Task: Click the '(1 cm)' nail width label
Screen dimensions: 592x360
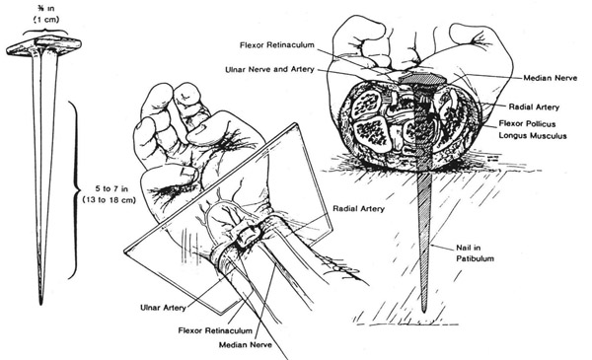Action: pos(46,19)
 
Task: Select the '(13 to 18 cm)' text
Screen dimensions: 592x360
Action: pos(110,200)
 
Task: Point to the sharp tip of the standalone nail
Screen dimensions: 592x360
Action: pos(40,303)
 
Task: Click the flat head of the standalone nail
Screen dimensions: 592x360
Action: pos(43,46)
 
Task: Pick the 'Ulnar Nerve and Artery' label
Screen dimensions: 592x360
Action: pos(269,70)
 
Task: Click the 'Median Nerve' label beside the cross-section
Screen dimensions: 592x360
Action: pos(551,78)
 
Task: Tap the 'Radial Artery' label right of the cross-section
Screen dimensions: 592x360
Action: pos(534,108)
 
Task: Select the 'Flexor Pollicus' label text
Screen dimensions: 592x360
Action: pos(527,123)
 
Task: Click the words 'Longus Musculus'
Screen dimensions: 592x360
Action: pos(533,135)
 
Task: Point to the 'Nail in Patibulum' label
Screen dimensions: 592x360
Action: pos(475,253)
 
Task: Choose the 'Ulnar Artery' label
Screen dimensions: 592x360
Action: pos(163,308)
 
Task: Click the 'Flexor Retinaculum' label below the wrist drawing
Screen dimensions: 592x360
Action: pos(215,331)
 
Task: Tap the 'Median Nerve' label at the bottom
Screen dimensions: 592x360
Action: pos(246,345)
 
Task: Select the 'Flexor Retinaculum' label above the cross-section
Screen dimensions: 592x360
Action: pos(276,45)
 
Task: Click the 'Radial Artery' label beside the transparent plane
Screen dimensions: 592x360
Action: pos(358,209)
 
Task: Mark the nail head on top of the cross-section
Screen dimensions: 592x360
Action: pos(422,79)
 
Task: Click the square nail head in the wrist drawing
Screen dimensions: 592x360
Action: pos(248,237)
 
